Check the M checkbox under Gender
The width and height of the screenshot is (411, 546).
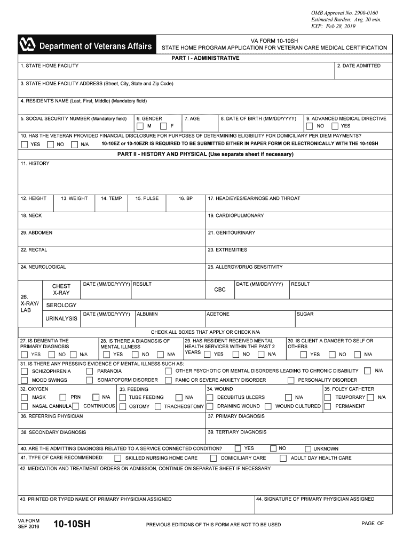pos(140,126)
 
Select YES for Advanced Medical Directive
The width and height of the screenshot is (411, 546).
pos(335,126)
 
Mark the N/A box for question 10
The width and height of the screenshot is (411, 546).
pos(75,144)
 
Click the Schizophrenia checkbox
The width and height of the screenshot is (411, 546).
pos(25,371)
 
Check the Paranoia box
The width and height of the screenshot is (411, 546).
pos(90,371)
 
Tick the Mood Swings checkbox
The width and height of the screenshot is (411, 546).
pos(25,380)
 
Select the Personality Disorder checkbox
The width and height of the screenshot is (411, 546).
pos(291,380)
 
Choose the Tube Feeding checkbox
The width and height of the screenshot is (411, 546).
pos(122,397)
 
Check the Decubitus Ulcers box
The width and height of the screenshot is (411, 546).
pos(210,397)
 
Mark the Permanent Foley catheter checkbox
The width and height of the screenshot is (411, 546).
pos(328,406)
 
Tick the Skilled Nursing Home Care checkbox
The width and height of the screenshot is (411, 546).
pos(117,459)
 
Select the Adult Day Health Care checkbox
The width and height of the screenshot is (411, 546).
pos(283,459)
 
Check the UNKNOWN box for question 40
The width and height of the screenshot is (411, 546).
pos(308,449)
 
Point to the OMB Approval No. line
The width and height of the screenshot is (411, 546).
pos(341,13)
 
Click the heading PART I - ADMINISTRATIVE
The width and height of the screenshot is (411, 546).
pos(205,58)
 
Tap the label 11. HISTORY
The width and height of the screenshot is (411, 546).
pos(35,163)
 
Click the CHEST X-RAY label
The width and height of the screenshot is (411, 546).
pos(61,290)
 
